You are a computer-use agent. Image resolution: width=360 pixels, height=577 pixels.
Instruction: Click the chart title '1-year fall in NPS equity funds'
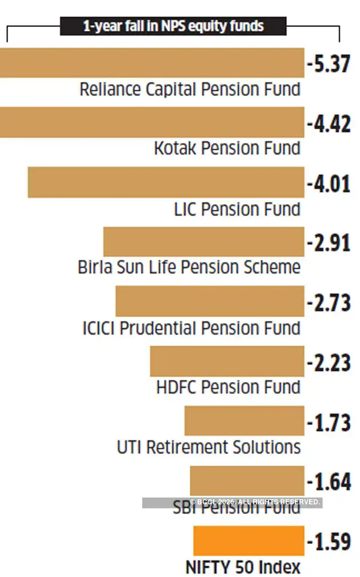pos(173,26)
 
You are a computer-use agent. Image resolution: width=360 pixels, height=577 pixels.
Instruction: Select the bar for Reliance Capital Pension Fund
pos(152,62)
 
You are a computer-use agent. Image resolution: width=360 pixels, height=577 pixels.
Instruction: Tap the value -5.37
pos(329,64)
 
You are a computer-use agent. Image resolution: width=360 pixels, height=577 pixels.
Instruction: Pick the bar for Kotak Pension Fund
pos(152,122)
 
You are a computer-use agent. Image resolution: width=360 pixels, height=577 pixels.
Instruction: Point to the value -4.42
pos(329,124)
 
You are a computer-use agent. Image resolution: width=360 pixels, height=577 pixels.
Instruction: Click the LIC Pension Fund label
pos(237,209)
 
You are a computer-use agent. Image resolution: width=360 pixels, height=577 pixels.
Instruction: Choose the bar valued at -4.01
pos(166,182)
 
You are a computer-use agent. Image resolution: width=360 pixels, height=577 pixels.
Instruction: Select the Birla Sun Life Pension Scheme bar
pos(203,242)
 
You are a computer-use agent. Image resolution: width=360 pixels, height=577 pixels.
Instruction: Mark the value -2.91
pos(329,243)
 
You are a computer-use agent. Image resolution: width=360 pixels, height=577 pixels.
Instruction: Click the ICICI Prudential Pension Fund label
pos(191,328)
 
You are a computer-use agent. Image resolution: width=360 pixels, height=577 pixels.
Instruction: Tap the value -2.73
pos(329,303)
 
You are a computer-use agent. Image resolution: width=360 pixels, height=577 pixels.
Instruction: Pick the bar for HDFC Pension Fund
pos(227,361)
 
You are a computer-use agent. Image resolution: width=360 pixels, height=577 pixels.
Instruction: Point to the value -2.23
pos(329,363)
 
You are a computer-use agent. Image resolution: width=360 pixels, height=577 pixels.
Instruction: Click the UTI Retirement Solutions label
pos(209,447)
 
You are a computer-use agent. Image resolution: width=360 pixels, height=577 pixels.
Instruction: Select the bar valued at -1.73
pos(244,421)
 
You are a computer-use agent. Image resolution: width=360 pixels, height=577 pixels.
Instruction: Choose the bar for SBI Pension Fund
pos(247,480)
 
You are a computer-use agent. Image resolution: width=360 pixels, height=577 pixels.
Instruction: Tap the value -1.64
pos(329,482)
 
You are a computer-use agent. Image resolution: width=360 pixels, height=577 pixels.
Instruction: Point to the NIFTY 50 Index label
pos(243,567)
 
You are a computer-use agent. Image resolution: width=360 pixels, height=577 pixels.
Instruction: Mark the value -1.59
pos(329,542)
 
